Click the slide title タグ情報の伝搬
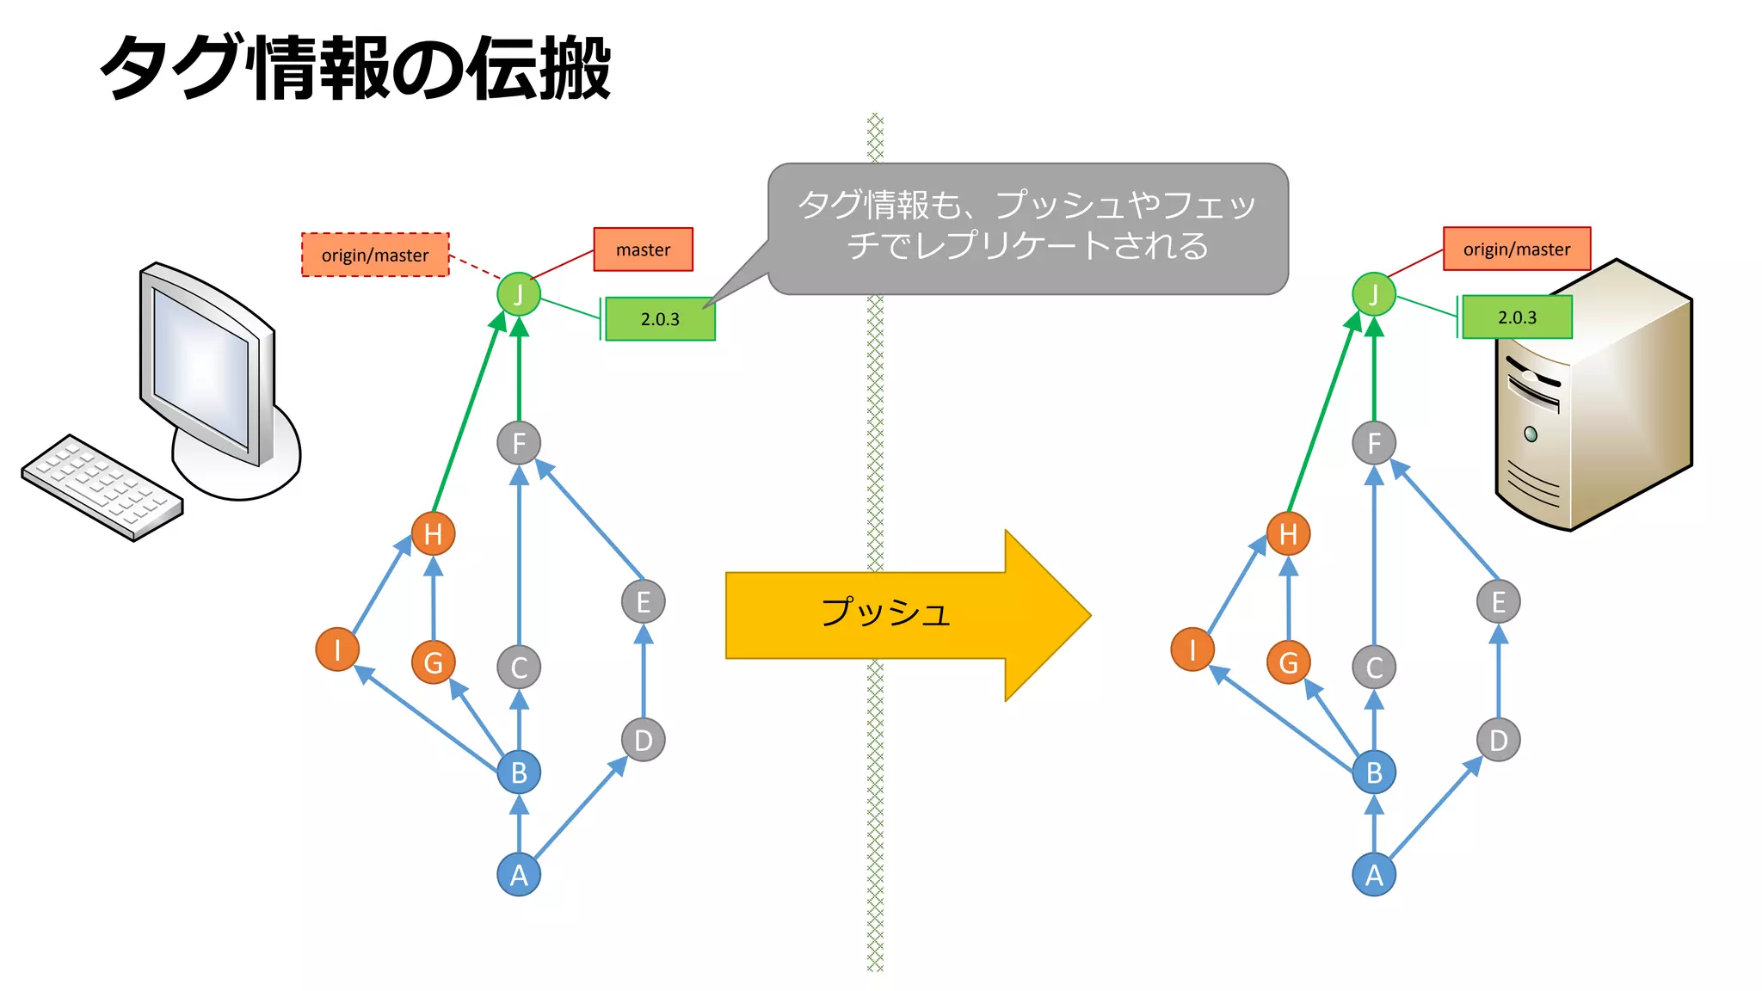click(354, 68)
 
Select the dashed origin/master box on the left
click(375, 255)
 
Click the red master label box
click(643, 249)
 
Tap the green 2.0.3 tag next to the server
click(1517, 317)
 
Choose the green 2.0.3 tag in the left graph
click(660, 319)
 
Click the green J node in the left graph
click(519, 294)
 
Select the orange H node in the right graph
click(1288, 533)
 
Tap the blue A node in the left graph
click(519, 875)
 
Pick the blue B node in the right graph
click(1374, 772)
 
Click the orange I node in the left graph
click(337, 649)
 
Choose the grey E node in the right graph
click(1498, 601)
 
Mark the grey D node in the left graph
click(643, 740)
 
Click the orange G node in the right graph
click(1288, 662)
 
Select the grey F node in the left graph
click(519, 443)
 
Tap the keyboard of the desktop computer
click(102, 486)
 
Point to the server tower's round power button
click(1531, 434)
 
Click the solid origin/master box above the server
click(1516, 249)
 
